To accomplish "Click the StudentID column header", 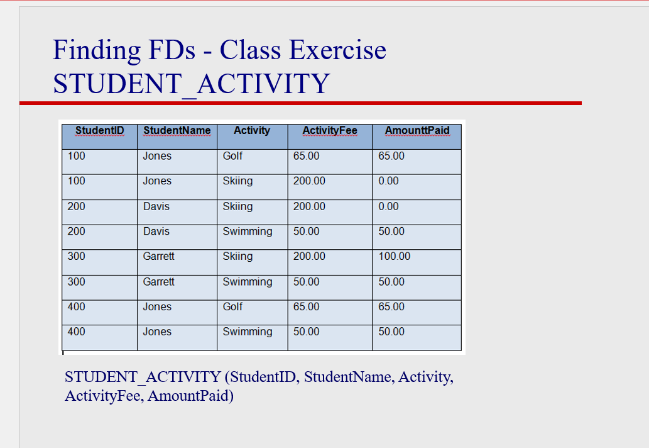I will [99, 131].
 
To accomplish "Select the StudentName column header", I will [177, 131].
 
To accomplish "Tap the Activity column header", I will [251, 131].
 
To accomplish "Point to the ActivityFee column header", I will [330, 131].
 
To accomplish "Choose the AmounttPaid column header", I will [417, 131].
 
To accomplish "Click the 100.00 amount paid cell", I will [395, 257].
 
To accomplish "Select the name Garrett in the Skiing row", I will [158, 257].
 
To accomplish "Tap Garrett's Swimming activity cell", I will [248, 282].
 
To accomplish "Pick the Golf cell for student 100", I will [232, 156].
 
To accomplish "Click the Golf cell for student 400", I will [232, 307].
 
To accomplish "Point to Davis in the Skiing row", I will [156, 206].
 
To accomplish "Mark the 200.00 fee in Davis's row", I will [309, 206].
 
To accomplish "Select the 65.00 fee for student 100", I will [306, 156].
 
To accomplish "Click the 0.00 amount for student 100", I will [388, 181].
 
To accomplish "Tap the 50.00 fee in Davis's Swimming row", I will [306, 232].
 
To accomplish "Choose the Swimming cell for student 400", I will [248, 332].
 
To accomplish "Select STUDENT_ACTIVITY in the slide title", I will [191, 84].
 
